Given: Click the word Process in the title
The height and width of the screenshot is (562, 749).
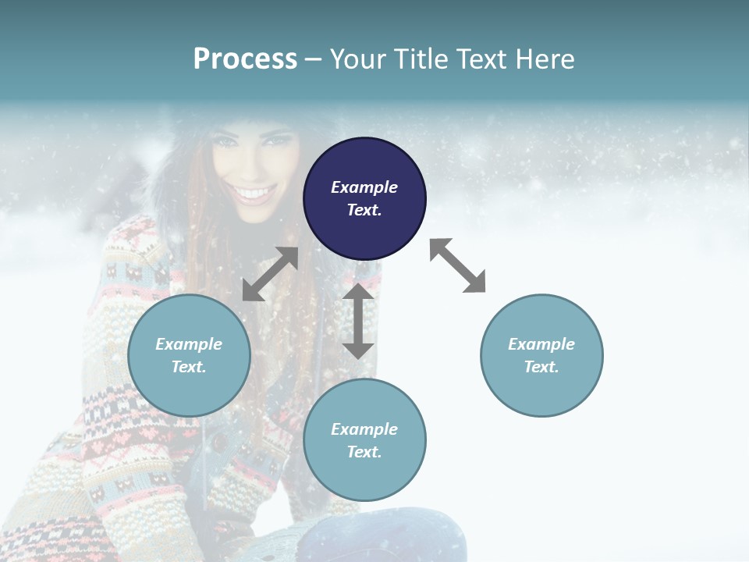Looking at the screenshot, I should click(x=245, y=59).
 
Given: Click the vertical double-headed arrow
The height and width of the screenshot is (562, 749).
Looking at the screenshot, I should click(x=358, y=321).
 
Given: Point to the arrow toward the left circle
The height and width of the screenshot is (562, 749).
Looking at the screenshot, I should click(x=270, y=274).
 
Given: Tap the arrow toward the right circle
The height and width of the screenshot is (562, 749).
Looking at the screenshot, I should click(x=457, y=265).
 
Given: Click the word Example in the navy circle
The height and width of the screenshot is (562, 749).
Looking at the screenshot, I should click(x=364, y=187).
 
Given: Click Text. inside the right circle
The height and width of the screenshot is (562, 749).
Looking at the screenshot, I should click(x=541, y=367).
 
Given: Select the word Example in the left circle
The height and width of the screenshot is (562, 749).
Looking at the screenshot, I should click(x=189, y=344).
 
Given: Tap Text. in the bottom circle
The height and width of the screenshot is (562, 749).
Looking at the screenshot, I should click(x=364, y=452).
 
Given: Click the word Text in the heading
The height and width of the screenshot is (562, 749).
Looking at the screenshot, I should click(x=483, y=59).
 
